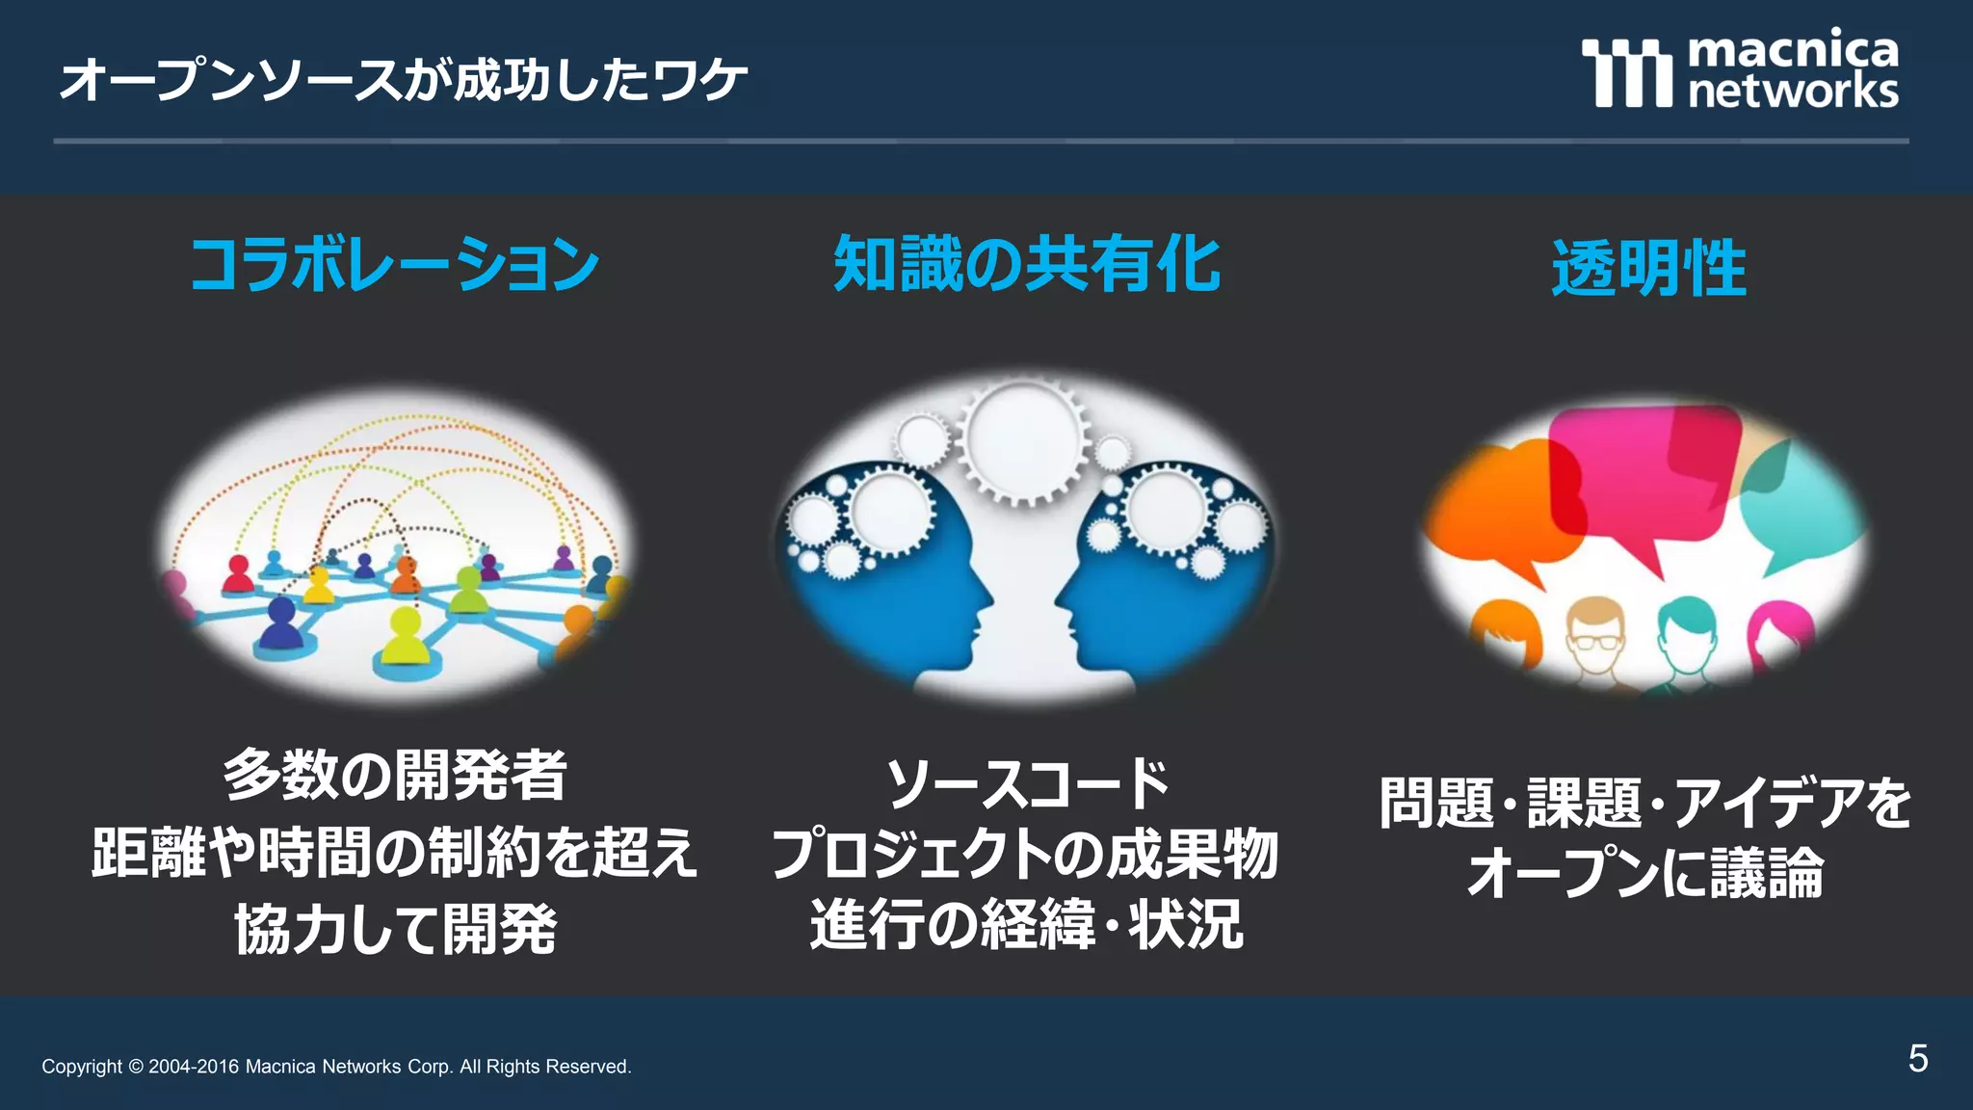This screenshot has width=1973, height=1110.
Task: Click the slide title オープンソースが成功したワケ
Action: pyautogui.click(x=403, y=79)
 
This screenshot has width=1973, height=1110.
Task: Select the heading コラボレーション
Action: pyautogui.click(x=395, y=265)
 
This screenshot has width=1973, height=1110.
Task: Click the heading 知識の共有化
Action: pyautogui.click(x=1027, y=264)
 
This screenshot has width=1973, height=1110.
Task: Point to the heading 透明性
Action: pyautogui.click(x=1648, y=269)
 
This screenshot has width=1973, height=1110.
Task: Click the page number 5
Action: pyautogui.click(x=1917, y=1059)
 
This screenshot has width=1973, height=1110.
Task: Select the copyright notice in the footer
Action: pyautogui.click(x=336, y=1067)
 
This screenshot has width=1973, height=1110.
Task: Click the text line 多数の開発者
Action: pyautogui.click(x=395, y=775)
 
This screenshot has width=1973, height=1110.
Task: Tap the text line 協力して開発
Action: pyautogui.click(x=395, y=929)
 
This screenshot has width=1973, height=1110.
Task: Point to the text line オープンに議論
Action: pyautogui.click(x=1645, y=873)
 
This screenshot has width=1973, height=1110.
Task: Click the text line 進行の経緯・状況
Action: pyautogui.click(x=1027, y=925)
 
